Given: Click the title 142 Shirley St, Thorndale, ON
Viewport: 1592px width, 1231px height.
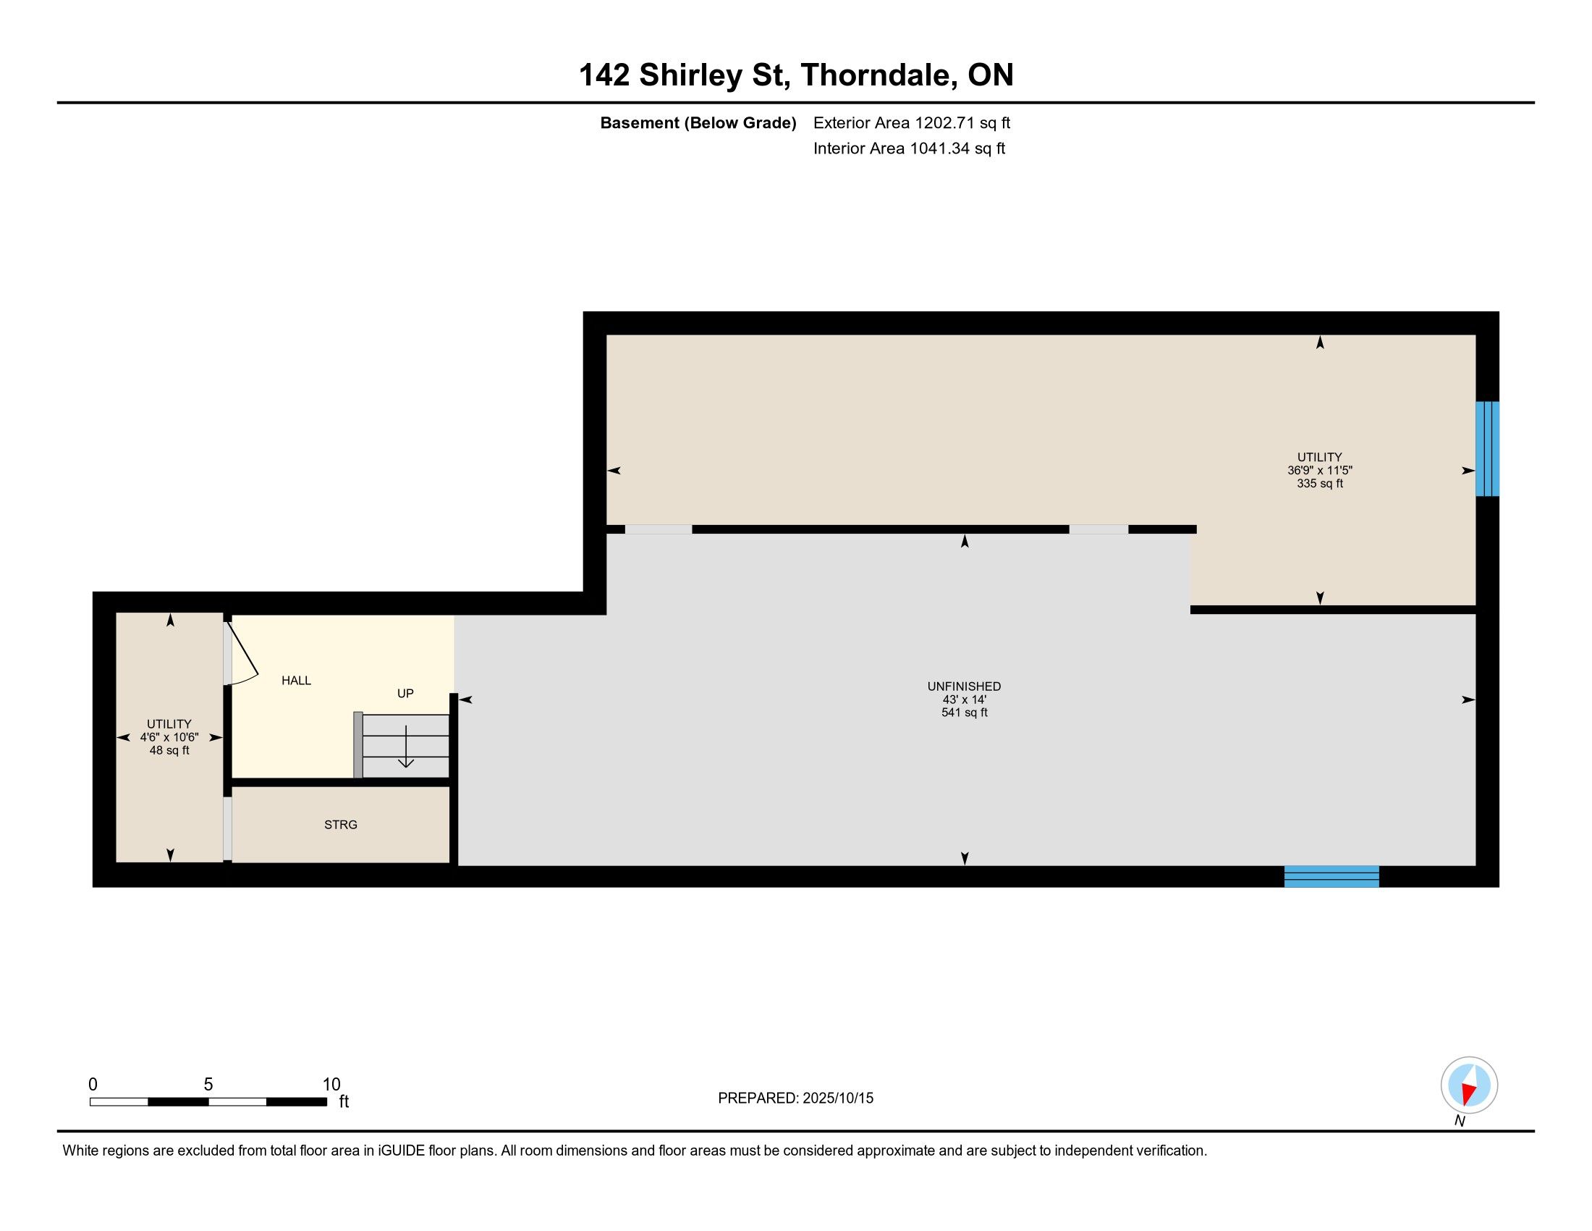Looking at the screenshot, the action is coord(796,75).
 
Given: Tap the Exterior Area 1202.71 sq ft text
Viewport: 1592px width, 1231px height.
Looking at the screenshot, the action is coord(912,122).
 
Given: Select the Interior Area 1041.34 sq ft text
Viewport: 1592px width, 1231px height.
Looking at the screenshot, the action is coord(909,148).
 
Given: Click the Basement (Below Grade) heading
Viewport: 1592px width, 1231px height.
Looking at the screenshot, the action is coord(698,122).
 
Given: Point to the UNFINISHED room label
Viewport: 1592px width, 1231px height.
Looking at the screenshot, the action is coord(964,686).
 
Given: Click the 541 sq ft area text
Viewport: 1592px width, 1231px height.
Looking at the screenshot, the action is coord(964,713).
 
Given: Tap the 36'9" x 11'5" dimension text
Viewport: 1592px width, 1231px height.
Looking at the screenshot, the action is coord(1319,471).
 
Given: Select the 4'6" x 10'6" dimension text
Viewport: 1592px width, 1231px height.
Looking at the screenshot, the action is coord(169,737).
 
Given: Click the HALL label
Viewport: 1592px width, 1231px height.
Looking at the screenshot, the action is coord(296,681).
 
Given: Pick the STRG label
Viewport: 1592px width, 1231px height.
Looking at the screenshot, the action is coord(340,825).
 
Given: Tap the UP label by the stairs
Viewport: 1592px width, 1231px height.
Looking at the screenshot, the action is coord(405,694).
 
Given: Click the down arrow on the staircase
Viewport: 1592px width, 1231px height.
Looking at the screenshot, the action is coord(405,747).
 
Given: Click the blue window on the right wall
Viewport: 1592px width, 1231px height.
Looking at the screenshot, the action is coord(1487,448).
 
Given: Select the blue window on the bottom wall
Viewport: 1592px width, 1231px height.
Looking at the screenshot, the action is coord(1331,877).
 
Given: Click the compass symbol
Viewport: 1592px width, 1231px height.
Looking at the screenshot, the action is coord(1469,1085).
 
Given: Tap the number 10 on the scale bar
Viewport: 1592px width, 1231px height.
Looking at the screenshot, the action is coord(331,1085).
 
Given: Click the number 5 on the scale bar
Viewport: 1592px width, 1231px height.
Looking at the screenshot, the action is coord(208,1085).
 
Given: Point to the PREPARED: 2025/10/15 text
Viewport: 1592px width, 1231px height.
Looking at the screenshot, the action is coord(795,1098).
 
